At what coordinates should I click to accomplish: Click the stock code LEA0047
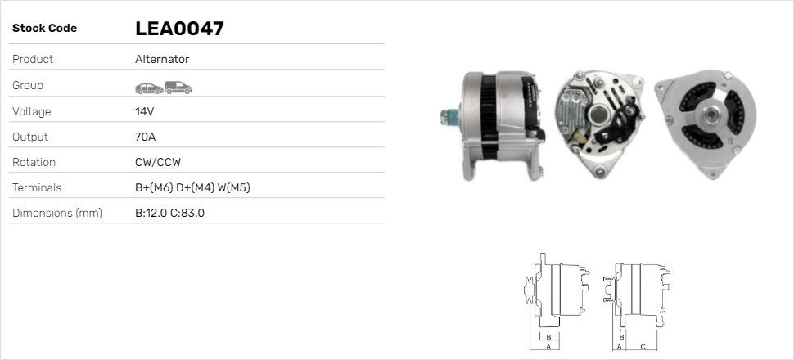[179, 29]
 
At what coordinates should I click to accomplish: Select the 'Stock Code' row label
[44, 29]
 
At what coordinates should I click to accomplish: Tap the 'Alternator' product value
[162, 60]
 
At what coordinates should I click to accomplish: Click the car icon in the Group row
[148, 86]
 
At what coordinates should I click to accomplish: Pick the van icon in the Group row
[178, 86]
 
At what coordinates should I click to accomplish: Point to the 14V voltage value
[145, 111]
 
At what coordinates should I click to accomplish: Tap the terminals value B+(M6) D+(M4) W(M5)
[192, 188]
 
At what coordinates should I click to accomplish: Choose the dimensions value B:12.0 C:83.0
[169, 214]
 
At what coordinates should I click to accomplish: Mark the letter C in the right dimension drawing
[643, 346]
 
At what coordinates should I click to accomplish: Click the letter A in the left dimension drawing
[548, 346]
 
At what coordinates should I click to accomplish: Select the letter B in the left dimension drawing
[548, 336]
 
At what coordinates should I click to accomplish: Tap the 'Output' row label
[30, 137]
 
